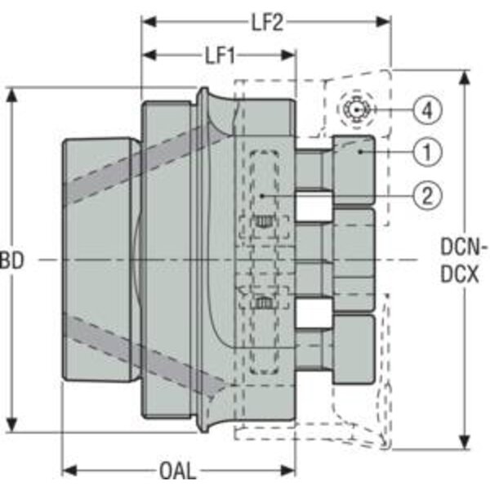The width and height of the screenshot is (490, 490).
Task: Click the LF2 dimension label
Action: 268,23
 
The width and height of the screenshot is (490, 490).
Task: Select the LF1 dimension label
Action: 220,56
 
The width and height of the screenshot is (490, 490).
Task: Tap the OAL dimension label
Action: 178,470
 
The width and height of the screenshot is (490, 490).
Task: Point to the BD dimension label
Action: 12,261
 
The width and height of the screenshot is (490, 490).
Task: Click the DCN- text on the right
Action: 464,247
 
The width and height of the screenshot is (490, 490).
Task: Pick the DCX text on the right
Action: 459,274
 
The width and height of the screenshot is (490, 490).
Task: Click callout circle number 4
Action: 427,110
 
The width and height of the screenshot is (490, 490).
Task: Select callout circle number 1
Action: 427,152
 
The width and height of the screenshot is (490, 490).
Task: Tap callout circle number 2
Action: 427,195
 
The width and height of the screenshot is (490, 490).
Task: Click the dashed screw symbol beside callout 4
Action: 356,109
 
